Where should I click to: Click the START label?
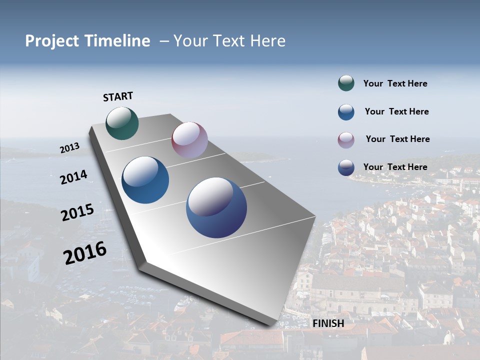pos(118,96)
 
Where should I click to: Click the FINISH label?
pos(328,323)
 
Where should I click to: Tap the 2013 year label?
pos(69,148)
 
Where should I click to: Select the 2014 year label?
pos(73,177)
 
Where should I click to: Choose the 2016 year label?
pos(85,252)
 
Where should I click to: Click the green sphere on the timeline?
pos(122,123)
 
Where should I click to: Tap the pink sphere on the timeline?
pos(189,140)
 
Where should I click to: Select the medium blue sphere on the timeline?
pos(145,180)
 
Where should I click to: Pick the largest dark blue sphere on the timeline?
pos(216,207)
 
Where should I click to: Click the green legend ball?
pos(346,83)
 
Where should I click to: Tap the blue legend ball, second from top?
pos(346,112)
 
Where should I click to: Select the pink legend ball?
pos(346,139)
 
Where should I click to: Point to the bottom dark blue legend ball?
pos(346,167)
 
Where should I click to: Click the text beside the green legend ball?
pos(395,84)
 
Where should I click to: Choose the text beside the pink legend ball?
pos(397,139)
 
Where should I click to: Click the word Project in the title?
pos(52,41)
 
